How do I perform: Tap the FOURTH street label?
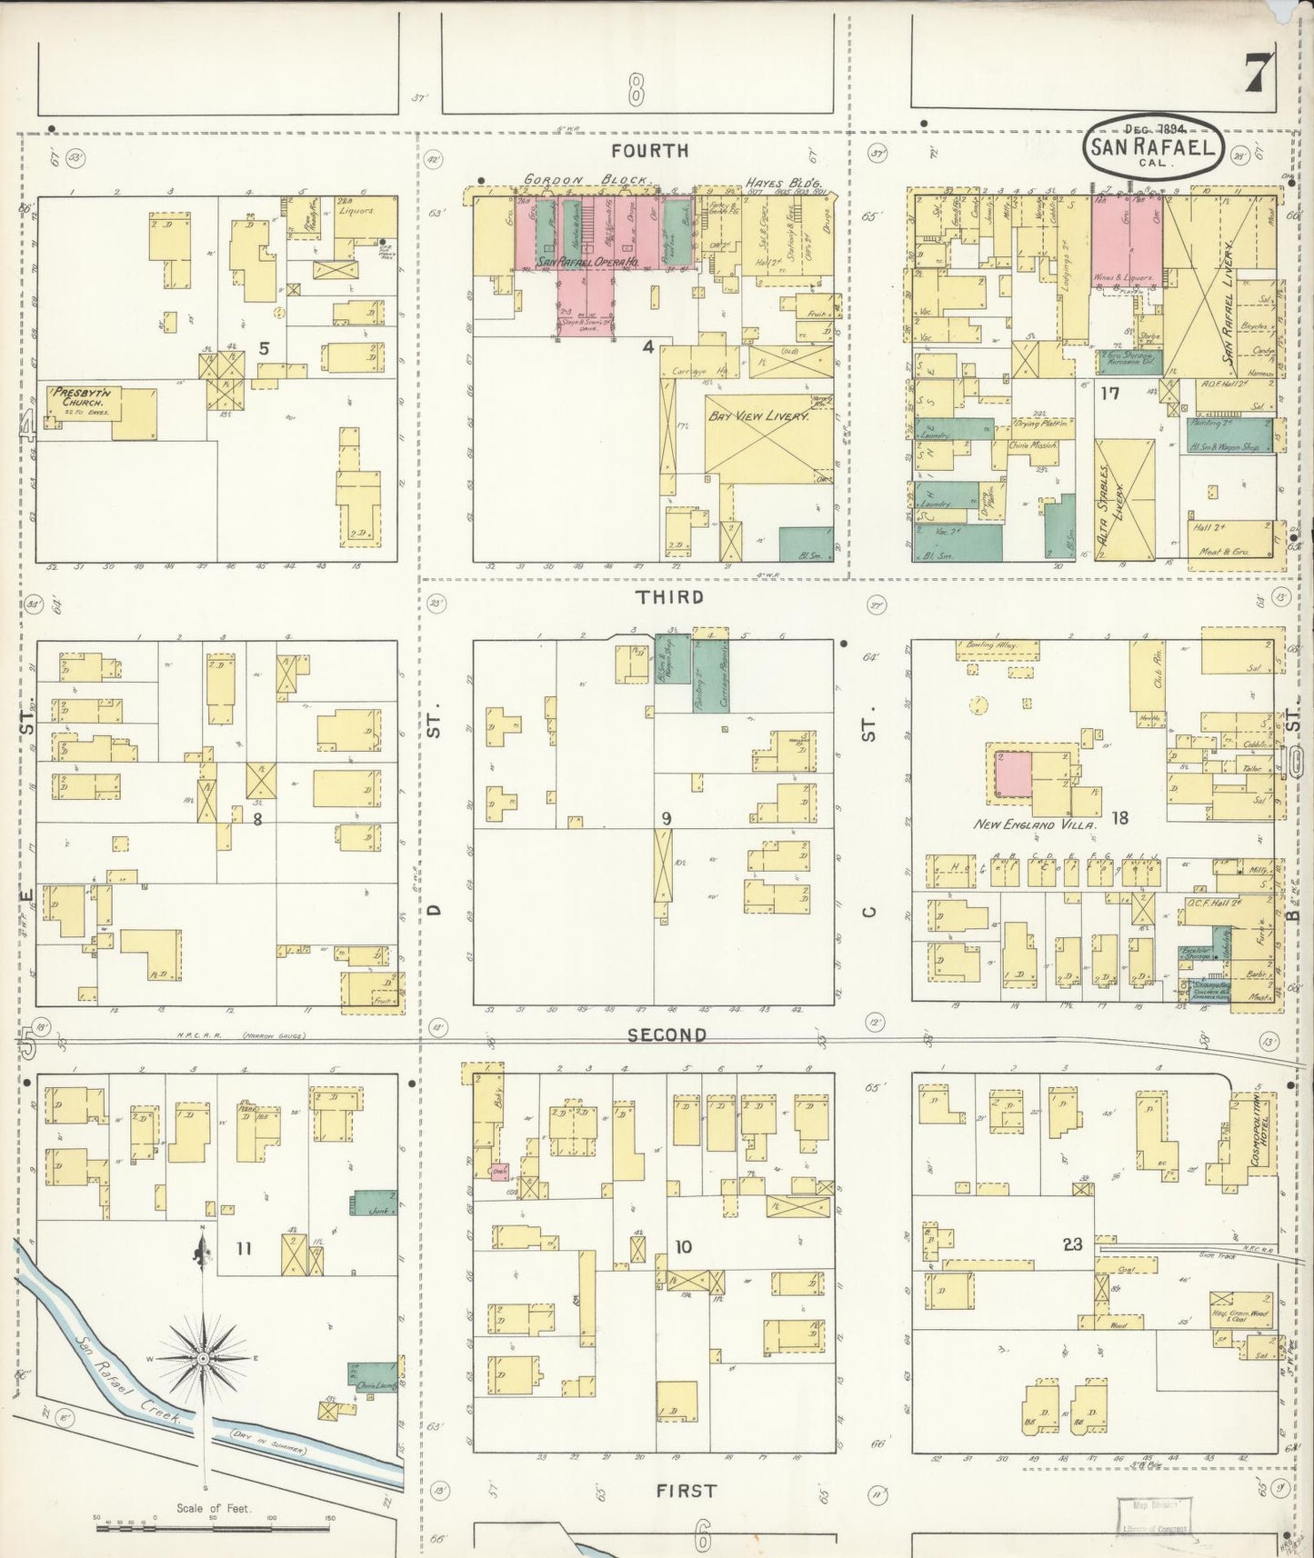coord(649,151)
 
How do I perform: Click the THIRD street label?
coord(669,597)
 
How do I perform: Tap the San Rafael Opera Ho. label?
coord(587,262)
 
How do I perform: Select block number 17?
coord(1108,394)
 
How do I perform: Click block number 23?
coord(1072,1244)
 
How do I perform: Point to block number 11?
coord(244,1248)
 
